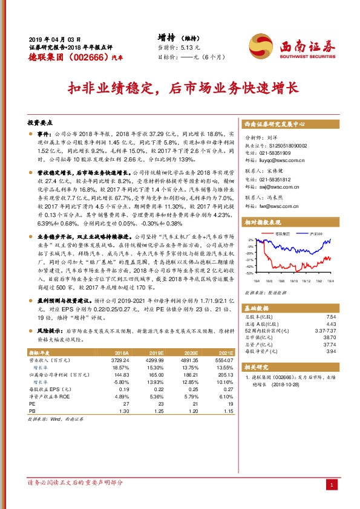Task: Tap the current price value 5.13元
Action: coord(192,47)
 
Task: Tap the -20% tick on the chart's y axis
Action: coord(249,253)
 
